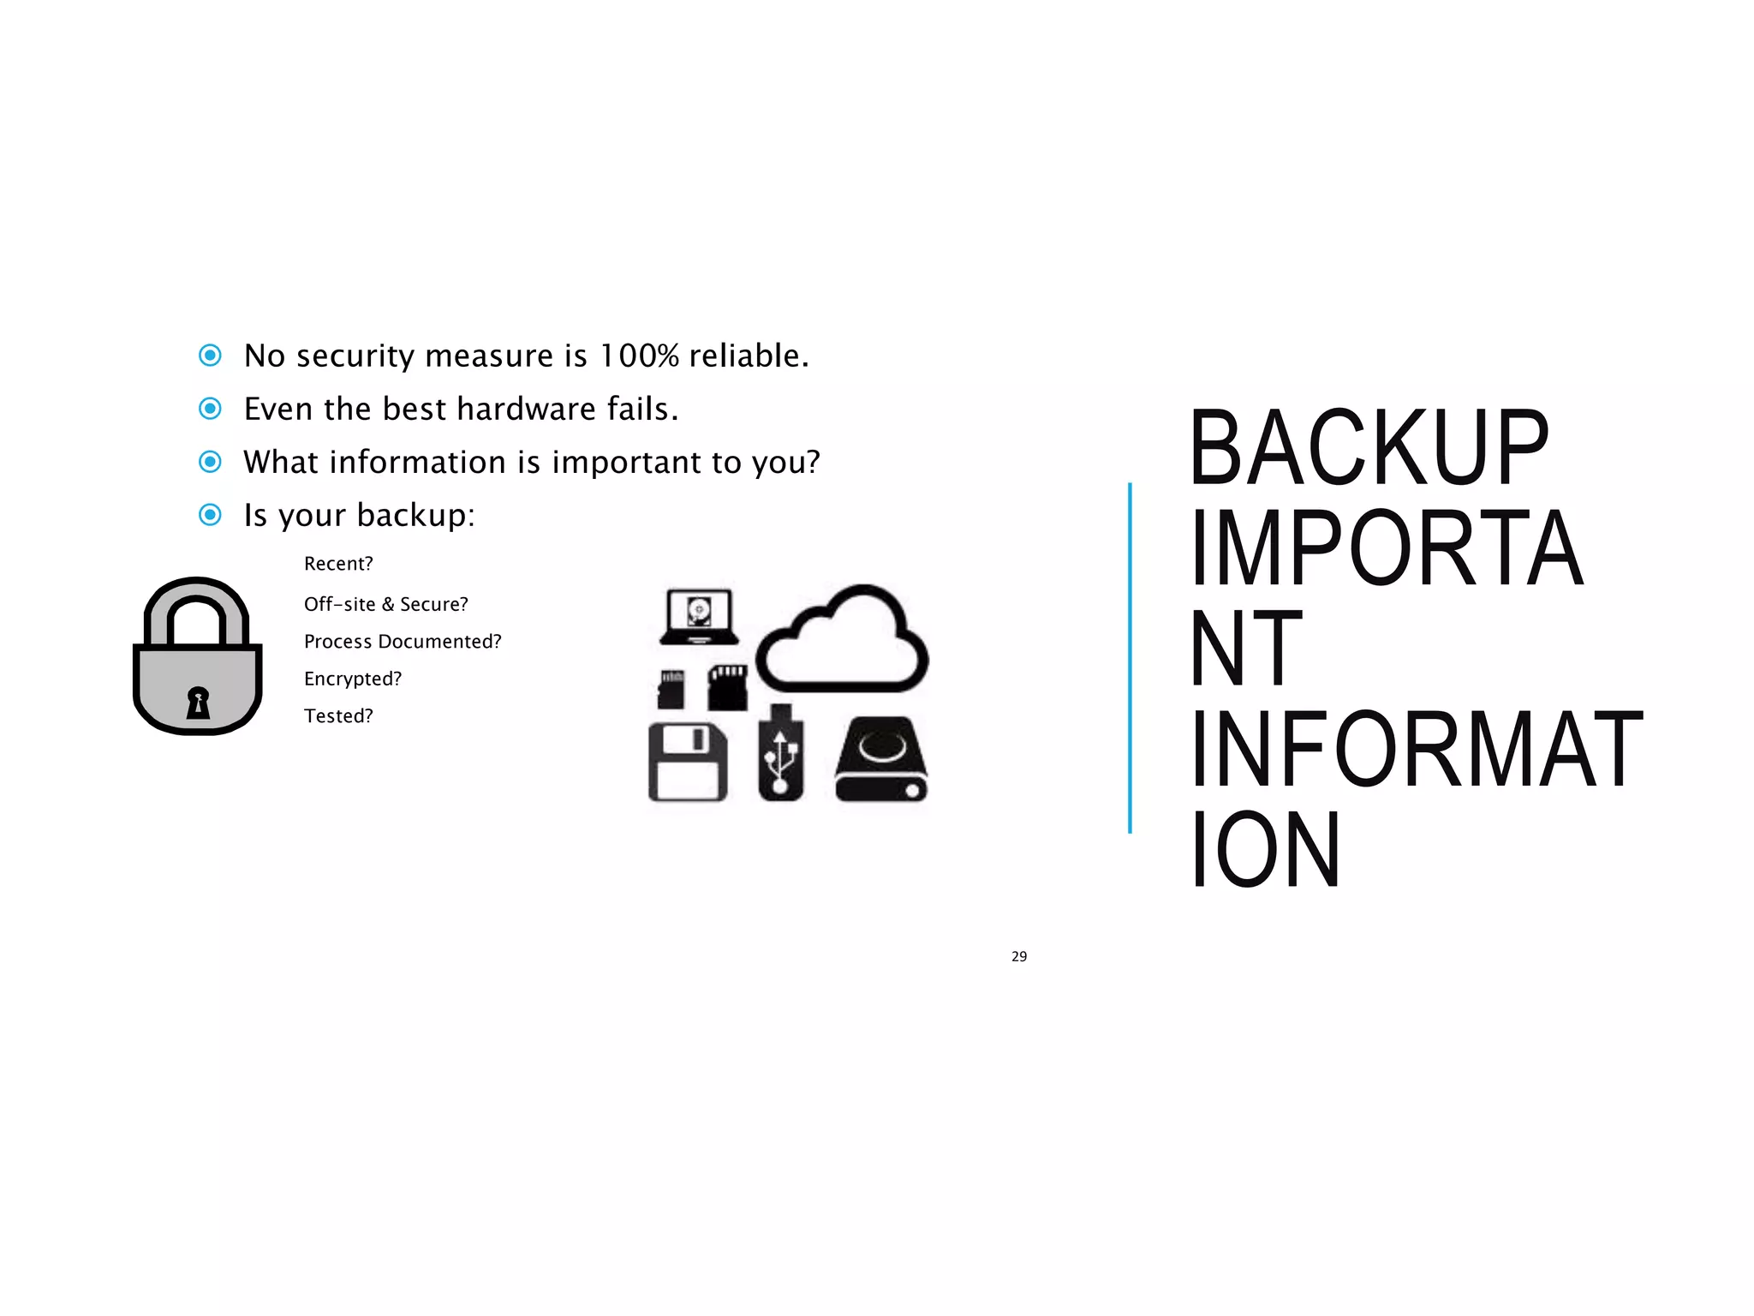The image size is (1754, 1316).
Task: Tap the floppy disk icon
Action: coord(688,762)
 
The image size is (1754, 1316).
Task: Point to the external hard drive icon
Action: coord(881,760)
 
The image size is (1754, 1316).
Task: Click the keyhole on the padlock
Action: coord(198,703)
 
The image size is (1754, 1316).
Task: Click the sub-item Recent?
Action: coord(338,564)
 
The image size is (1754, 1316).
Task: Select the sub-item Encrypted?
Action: coord(352,679)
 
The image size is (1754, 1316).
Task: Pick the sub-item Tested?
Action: coord(338,716)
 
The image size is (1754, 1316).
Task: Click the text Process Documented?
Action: coord(403,642)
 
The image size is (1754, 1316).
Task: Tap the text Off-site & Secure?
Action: coord(385,604)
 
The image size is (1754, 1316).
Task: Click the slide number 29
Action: coord(1018,956)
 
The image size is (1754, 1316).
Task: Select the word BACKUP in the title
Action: coord(1369,448)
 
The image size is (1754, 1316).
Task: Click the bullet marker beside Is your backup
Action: coord(210,515)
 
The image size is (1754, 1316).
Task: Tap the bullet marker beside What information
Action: coord(210,462)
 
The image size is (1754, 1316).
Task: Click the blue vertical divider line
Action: coord(1130,658)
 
